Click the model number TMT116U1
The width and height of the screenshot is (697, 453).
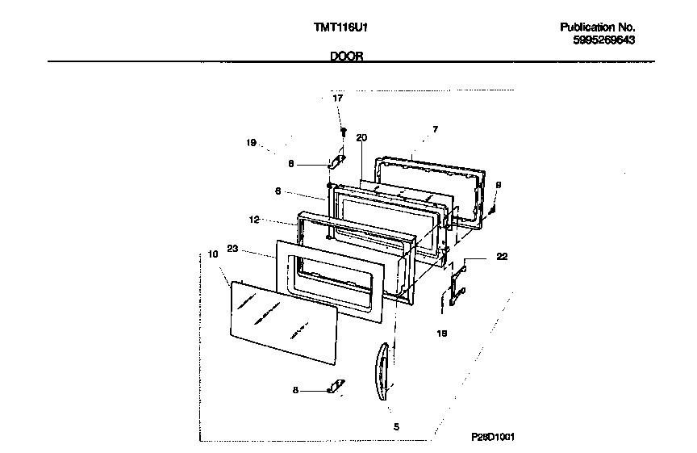click(340, 27)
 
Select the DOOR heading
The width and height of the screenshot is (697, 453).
click(347, 57)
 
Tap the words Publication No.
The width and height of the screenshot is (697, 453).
click(598, 27)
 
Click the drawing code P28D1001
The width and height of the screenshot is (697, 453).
click(493, 436)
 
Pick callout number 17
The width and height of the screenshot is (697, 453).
click(338, 98)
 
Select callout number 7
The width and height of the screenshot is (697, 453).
click(435, 129)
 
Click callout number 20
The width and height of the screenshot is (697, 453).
click(361, 138)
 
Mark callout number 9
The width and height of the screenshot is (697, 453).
click(498, 185)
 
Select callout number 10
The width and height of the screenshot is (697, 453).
click(213, 254)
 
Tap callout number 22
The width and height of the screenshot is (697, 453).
click(502, 257)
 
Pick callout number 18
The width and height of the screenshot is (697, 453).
click(441, 333)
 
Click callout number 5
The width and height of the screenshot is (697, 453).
click(396, 426)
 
